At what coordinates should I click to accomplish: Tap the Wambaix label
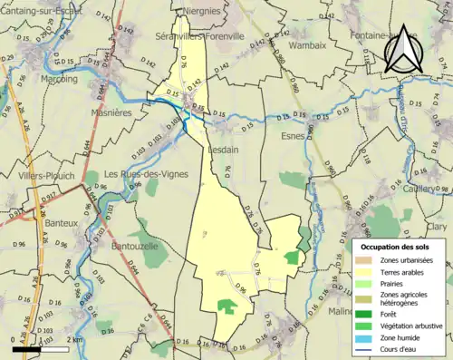click(x=306, y=44)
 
